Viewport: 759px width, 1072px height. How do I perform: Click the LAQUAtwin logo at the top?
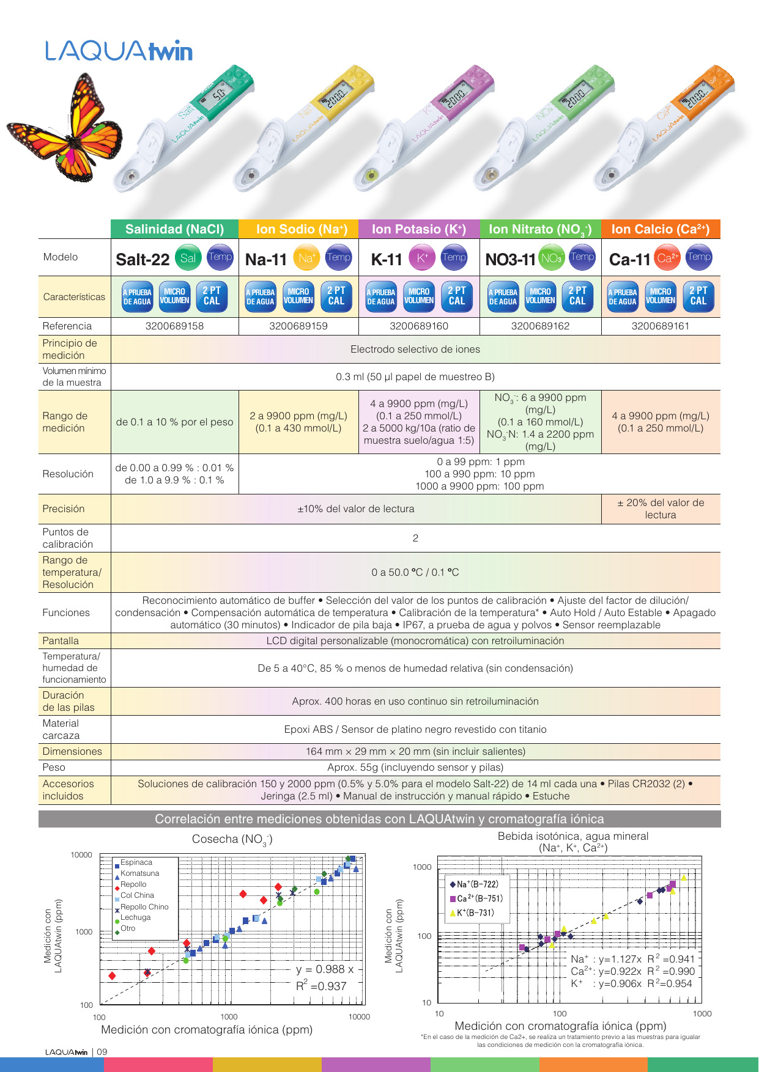[x=119, y=51]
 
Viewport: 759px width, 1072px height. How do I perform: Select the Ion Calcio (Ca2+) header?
[x=660, y=229]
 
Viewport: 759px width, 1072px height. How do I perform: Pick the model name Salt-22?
[x=143, y=260]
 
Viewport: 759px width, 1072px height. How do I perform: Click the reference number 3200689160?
[x=419, y=326]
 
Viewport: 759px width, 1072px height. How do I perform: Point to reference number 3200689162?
[x=540, y=326]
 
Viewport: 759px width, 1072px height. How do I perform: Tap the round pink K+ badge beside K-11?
[x=422, y=258]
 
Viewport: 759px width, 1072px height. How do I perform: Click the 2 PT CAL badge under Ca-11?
[x=698, y=296]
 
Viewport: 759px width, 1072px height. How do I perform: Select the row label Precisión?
[x=64, y=508]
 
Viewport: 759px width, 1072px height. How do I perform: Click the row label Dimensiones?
[x=72, y=751]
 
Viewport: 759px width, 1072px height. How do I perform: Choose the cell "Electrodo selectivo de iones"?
[x=415, y=349]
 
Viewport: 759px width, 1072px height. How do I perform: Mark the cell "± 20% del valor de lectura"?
[x=661, y=508]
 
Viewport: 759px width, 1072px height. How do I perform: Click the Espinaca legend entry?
[x=136, y=862]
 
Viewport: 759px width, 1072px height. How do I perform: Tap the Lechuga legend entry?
[x=135, y=917]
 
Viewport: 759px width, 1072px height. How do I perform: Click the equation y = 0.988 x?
[x=325, y=969]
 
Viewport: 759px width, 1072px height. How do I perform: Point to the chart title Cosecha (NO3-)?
[x=232, y=839]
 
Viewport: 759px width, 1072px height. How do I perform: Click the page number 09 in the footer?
[x=102, y=1052]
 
